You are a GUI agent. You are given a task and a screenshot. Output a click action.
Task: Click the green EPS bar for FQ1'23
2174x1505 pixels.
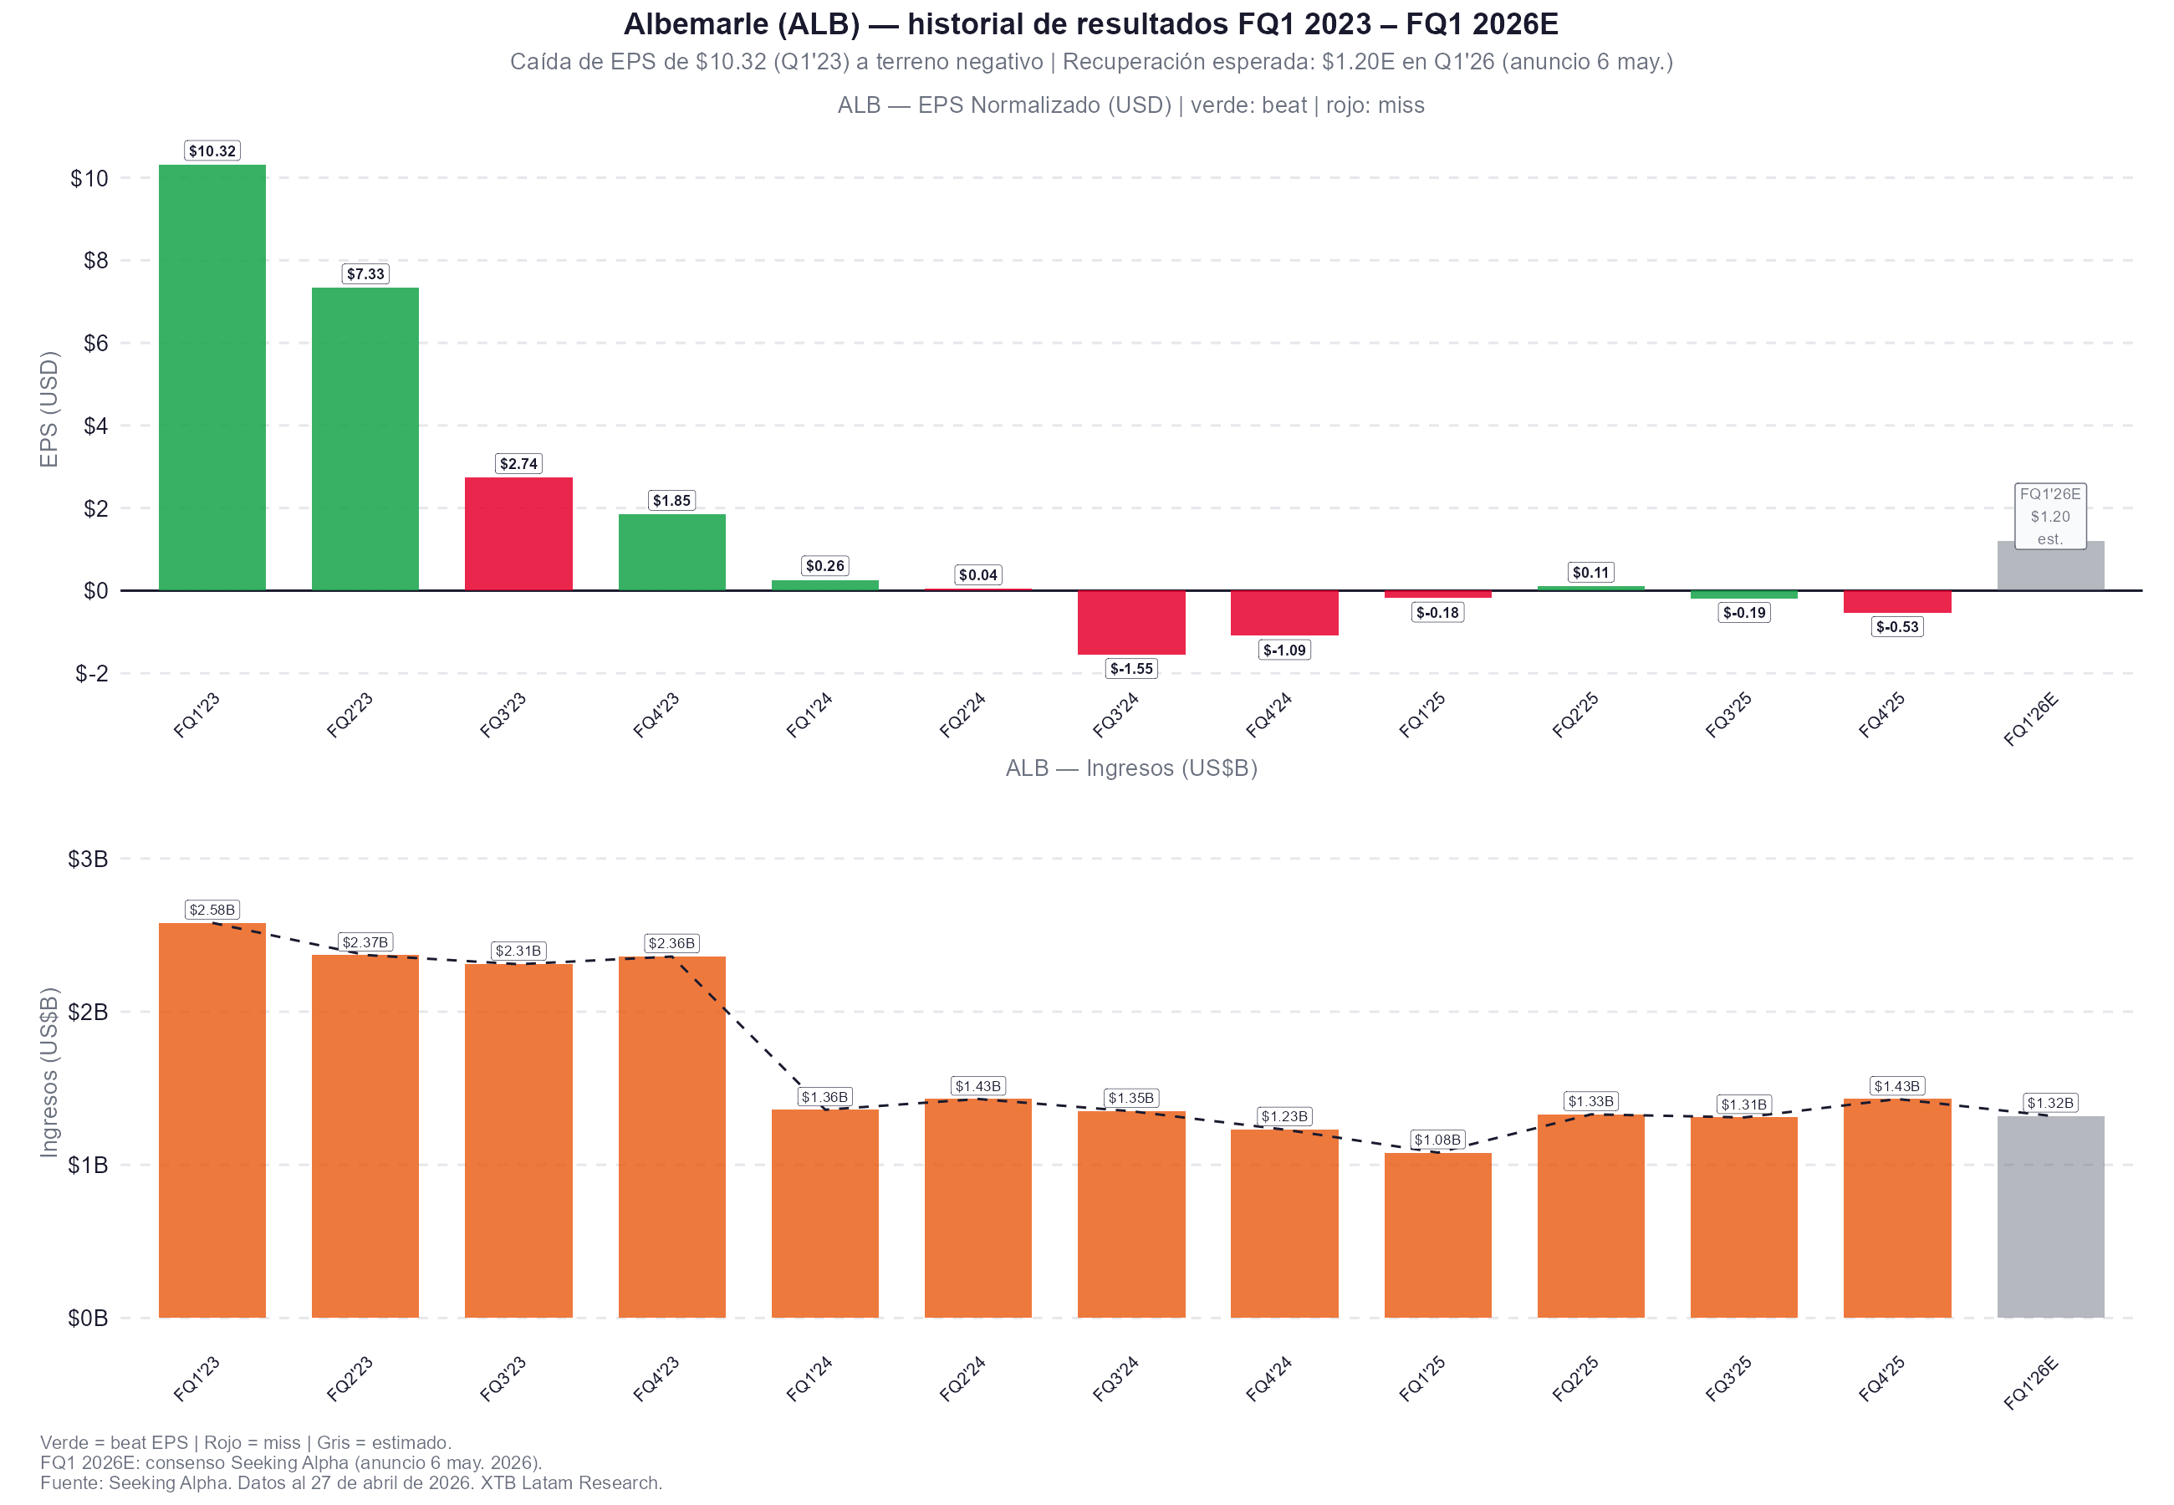coord(212,377)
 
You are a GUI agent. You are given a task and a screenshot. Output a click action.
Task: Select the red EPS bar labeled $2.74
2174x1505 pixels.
coord(518,533)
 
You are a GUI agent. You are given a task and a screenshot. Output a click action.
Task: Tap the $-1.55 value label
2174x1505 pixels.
coord(1130,669)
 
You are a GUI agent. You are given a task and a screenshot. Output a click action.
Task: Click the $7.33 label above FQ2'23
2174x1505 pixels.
coord(365,273)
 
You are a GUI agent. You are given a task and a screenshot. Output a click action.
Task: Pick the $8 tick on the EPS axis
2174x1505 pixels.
coord(95,260)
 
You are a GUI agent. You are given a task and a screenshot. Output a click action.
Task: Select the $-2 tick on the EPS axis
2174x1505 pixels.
coord(91,673)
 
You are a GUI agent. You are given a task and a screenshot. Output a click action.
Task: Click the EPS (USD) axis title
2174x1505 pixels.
coord(49,408)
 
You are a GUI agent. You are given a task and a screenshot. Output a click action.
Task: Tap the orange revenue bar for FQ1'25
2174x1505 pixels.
coord(1437,1235)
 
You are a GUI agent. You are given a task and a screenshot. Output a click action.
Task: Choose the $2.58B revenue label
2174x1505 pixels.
coord(212,910)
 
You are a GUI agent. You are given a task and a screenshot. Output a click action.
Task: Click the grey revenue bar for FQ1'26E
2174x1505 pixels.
coord(2049,1217)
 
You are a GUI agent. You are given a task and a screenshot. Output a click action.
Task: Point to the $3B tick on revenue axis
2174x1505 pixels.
coord(88,859)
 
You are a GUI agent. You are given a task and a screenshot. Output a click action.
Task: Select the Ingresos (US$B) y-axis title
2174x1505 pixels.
coord(49,1072)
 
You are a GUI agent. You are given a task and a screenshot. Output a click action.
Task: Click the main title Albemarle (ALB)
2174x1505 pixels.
coord(1091,23)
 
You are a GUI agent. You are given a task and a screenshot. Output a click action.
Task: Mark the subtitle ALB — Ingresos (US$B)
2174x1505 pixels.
coord(1130,768)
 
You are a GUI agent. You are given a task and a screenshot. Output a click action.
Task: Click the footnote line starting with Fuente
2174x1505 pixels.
coord(350,1482)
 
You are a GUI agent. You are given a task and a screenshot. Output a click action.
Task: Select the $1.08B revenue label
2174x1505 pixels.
coord(1437,1140)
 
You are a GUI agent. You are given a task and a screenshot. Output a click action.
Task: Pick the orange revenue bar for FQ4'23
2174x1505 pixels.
coord(671,1136)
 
